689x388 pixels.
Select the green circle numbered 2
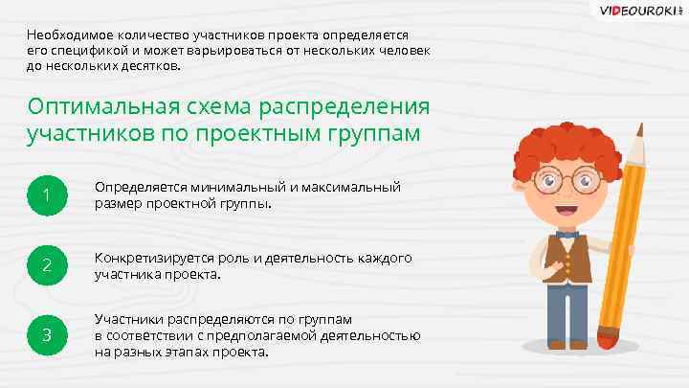click(x=45, y=265)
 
